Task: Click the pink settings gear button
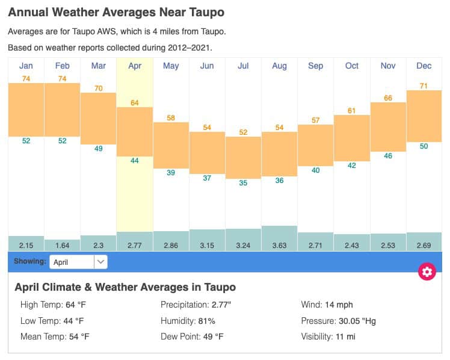427,272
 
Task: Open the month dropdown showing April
78,262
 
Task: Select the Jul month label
243,66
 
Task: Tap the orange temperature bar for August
279,154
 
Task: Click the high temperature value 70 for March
99,88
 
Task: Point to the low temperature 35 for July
243,182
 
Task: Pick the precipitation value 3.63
279,246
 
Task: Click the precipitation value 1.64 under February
63,246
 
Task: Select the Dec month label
424,66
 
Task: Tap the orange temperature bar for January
26,110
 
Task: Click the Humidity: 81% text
188,321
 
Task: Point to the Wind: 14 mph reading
327,305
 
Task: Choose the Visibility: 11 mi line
328,337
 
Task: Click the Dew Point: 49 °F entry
192,337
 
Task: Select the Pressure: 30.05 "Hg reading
339,321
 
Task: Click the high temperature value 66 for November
388,98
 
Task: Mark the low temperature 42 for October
352,166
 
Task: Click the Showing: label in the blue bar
29,262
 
